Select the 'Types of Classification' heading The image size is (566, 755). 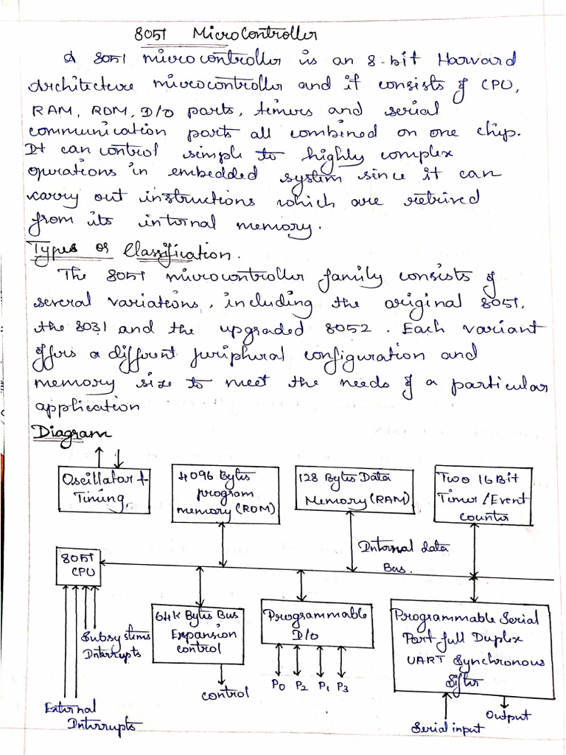point(130,252)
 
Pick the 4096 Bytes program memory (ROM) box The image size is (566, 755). point(226,493)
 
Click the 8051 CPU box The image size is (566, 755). point(79,566)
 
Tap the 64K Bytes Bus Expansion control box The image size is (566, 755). point(195,632)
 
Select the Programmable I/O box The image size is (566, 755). point(315,623)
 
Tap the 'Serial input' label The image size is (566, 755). point(447,728)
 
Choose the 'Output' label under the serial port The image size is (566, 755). point(508,715)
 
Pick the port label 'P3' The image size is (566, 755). point(342,687)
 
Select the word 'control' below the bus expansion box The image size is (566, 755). point(226,693)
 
